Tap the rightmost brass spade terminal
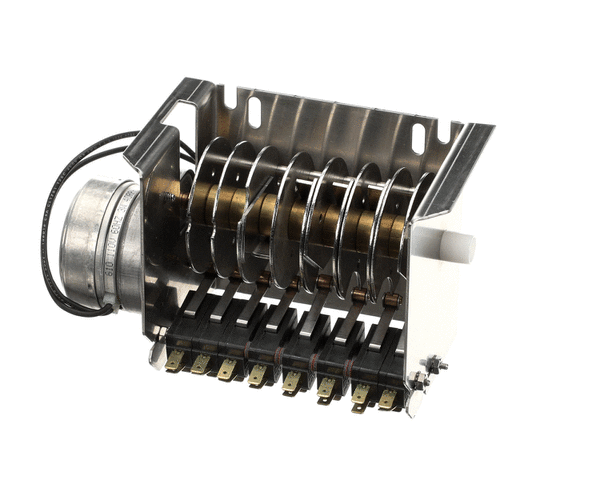coord(388,401)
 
